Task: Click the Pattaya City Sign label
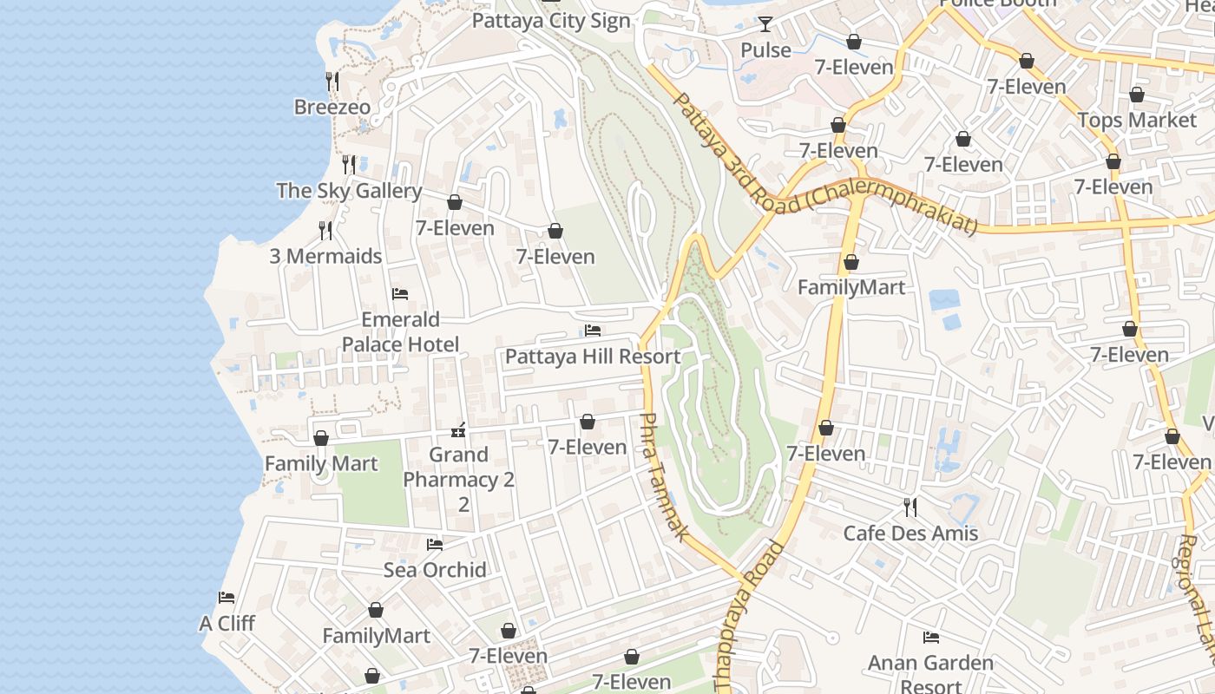550,21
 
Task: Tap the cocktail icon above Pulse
765,24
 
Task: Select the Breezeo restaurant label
332,108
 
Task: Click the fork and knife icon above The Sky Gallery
348,164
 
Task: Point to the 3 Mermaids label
325,257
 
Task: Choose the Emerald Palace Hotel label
400,332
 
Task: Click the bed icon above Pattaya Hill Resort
593,331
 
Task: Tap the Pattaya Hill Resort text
593,357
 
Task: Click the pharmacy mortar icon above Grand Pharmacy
458,429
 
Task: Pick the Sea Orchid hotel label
435,570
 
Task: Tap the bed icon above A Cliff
227,598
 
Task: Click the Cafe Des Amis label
910,534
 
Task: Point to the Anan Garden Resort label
931,674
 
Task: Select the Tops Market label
1136,121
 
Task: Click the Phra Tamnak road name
663,477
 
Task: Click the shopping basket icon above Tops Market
1136,95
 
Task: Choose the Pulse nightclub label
765,50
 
